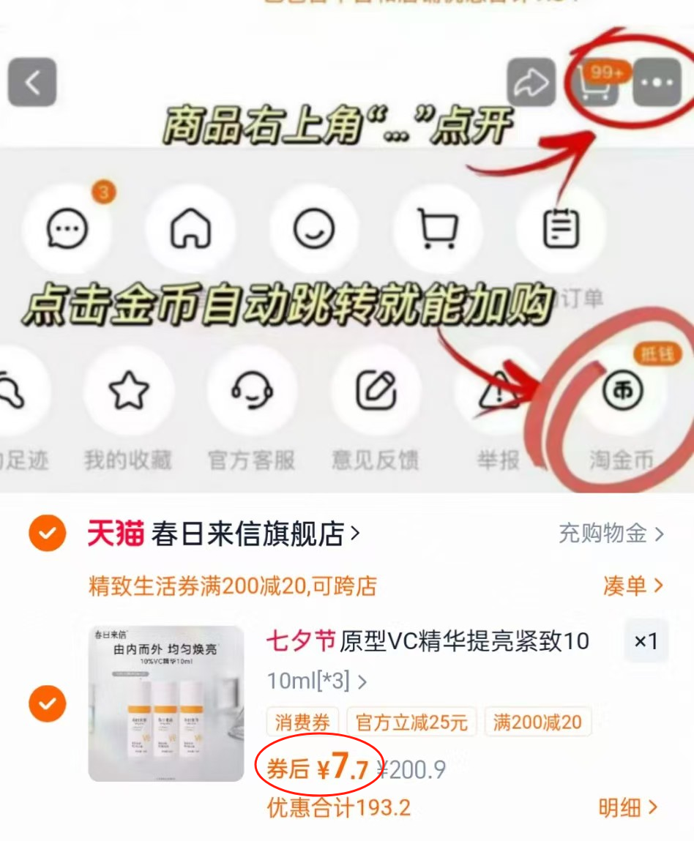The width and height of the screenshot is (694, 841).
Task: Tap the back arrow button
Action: tap(32, 82)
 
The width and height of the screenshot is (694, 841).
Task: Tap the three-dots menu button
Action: tap(657, 83)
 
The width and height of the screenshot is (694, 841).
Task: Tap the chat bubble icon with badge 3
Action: tap(67, 229)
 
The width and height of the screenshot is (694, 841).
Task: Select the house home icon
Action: tap(190, 229)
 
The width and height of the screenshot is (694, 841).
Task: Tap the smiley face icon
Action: tap(314, 229)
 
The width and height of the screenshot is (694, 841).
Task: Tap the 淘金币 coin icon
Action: tap(622, 392)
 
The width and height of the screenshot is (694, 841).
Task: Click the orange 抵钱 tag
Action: tap(656, 355)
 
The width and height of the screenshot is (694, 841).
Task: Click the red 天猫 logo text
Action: tap(116, 534)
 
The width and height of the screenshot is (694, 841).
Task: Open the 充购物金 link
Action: tap(611, 534)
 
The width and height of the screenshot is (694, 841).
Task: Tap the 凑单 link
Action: tap(632, 586)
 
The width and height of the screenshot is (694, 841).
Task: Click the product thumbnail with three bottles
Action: tap(166, 703)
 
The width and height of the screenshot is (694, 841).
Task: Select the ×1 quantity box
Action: tap(646, 642)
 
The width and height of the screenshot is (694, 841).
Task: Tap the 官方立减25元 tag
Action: tap(411, 722)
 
